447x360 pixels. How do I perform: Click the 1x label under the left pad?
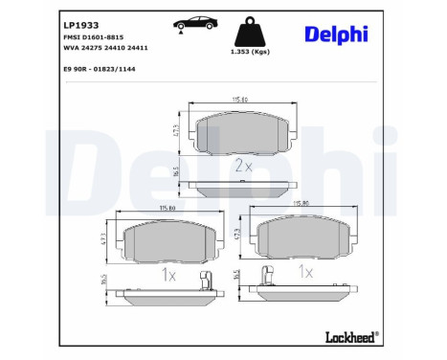click(x=168, y=275)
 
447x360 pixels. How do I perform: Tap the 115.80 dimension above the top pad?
click(x=235, y=102)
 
